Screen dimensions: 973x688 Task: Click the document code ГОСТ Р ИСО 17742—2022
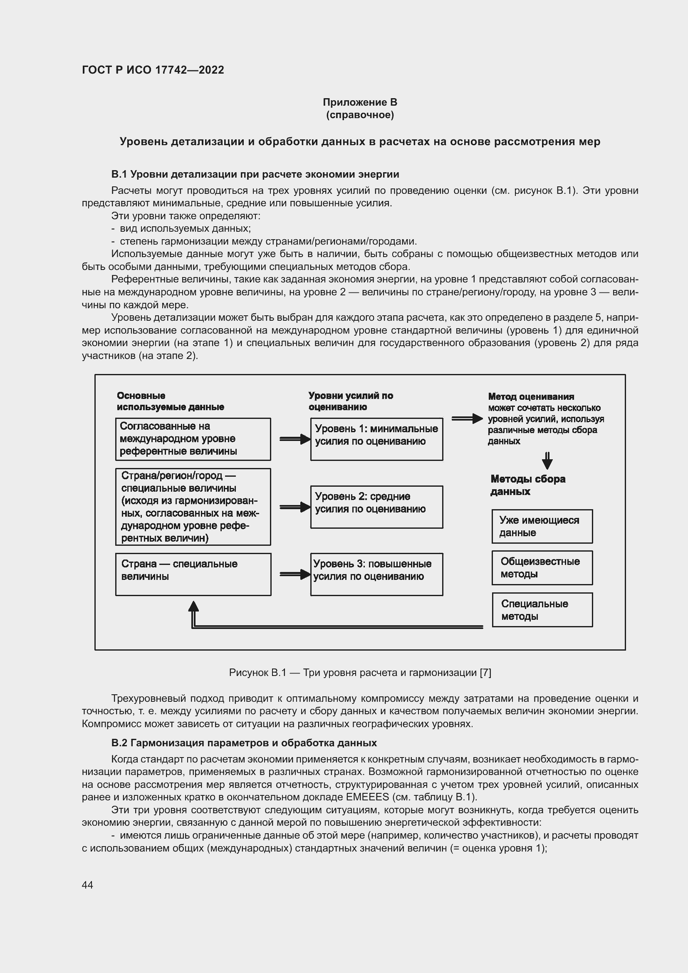pos(153,70)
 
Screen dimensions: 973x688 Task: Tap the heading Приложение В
pos(360,102)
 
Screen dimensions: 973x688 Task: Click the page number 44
pos(87,885)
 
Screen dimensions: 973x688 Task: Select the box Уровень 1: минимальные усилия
pos(376,439)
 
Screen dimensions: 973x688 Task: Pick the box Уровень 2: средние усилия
pos(376,507)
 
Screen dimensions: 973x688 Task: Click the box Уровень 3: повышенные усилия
pos(376,574)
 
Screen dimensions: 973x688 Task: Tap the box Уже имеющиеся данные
pos(542,526)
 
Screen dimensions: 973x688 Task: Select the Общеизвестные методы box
pos(542,568)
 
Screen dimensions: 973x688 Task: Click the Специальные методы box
pos(542,610)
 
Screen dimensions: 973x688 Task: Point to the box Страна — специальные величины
pos(193,574)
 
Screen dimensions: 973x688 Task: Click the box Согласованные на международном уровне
pos(193,439)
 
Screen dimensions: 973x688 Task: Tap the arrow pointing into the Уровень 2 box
pos(295,507)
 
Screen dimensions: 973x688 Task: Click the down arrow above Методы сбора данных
pos(547,461)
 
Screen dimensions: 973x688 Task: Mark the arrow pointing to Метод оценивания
pos(467,419)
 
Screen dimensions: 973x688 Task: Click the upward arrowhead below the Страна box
pos(193,607)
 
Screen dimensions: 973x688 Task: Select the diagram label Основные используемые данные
pos(170,401)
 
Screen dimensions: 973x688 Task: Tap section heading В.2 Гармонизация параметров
pos(244,743)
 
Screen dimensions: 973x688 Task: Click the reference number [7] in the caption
pos(485,673)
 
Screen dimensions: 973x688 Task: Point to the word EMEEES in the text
pos(367,797)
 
